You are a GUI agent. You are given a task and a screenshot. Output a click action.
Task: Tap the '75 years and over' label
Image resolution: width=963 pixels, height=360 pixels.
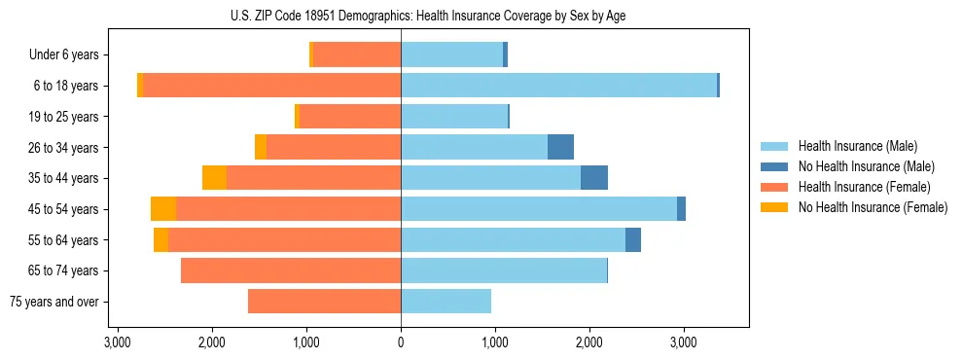(x=54, y=302)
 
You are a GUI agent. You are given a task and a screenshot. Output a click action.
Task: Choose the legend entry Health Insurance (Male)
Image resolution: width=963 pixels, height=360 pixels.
(x=857, y=146)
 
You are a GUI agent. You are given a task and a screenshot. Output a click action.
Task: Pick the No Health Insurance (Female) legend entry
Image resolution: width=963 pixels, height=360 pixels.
(x=873, y=207)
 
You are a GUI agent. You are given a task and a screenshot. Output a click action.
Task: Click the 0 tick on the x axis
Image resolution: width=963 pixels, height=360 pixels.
(x=401, y=342)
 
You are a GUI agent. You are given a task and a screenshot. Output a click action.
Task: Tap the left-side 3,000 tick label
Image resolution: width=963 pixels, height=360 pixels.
(x=118, y=342)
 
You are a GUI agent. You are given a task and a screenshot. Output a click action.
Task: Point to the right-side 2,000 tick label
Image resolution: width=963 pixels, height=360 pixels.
(x=588, y=342)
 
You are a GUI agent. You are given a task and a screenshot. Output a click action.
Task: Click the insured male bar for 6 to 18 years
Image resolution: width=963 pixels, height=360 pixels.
(x=558, y=86)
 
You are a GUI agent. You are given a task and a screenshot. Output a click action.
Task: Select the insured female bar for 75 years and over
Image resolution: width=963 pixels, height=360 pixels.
(x=324, y=302)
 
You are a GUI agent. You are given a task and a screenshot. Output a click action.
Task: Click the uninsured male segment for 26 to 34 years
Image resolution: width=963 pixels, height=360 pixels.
(x=560, y=147)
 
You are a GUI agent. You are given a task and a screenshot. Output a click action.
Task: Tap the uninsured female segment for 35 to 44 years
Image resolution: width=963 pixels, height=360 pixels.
(x=214, y=178)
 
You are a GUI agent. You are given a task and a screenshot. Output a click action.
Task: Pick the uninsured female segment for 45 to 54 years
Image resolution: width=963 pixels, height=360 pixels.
(x=163, y=209)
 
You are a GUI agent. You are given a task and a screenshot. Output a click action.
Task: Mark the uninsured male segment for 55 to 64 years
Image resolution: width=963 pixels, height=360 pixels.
(x=632, y=239)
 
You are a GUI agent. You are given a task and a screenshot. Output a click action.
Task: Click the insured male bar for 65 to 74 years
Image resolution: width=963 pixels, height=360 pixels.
(x=503, y=270)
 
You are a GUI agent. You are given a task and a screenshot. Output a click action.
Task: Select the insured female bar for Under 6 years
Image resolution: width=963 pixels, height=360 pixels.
(x=357, y=55)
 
